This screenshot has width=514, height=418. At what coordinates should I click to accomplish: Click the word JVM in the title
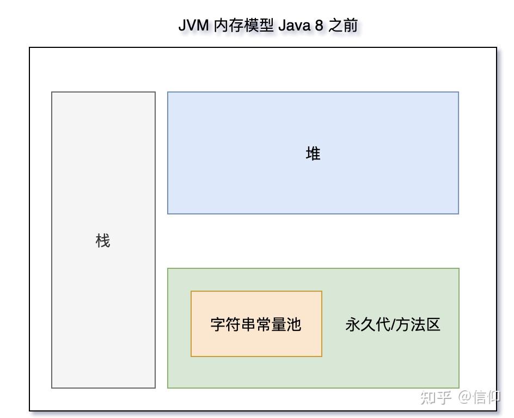193,25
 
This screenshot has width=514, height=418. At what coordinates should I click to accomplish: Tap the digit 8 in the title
319,25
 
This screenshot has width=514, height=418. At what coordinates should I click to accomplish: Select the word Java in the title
294,25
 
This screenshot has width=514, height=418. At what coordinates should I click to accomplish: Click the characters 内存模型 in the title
243,25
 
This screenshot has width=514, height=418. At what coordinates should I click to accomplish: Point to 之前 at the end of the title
343,25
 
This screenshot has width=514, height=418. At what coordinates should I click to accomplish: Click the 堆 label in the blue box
313,153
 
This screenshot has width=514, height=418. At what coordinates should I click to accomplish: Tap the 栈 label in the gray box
103,241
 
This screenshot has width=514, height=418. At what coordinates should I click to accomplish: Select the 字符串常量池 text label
256,324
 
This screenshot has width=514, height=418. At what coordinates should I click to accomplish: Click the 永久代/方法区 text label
393,324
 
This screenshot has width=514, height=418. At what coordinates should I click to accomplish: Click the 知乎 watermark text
436,397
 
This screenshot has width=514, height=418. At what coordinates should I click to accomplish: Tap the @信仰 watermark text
479,397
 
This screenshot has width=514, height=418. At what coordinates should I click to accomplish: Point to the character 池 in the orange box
293,324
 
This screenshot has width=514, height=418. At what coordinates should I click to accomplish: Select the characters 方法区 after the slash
418,324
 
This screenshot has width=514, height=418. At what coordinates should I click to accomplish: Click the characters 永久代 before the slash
368,324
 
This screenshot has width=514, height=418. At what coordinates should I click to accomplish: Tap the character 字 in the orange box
218,324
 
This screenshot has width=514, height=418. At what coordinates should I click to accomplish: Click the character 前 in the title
351,25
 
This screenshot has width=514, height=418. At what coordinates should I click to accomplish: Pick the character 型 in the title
266,25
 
